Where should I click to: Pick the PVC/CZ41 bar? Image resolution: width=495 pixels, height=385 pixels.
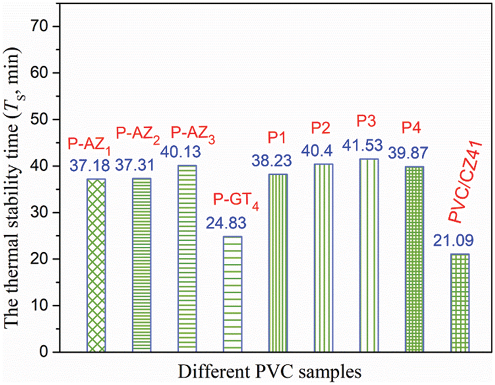(460, 302)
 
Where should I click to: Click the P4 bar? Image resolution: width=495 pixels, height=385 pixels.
(414, 259)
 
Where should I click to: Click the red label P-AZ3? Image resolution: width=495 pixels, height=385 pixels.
(192, 133)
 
